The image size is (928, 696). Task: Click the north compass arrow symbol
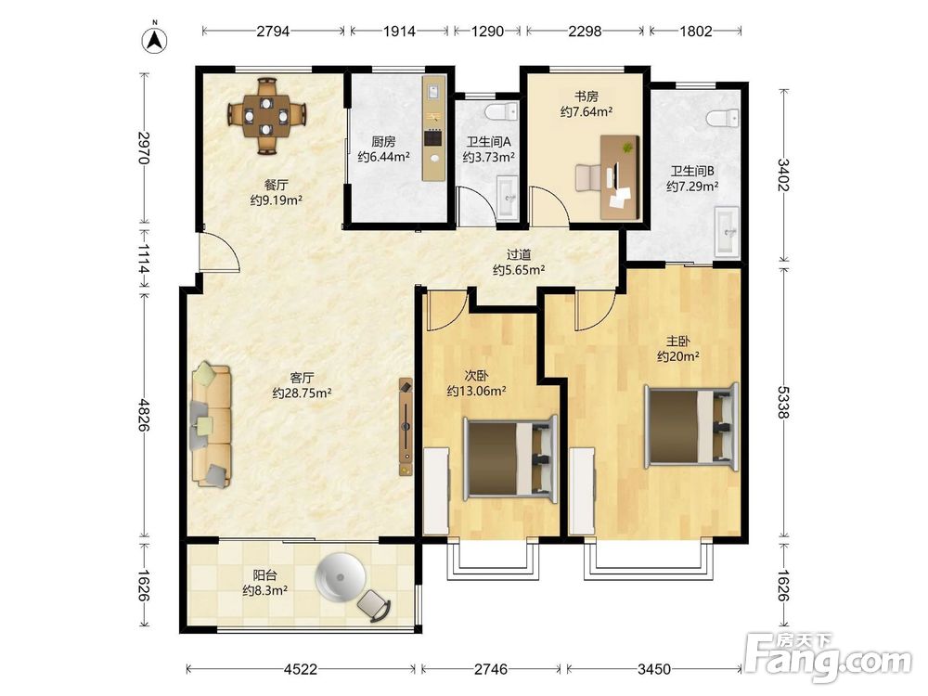(x=154, y=39)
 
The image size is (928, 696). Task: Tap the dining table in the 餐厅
(x=267, y=114)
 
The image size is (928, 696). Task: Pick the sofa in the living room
(x=211, y=426)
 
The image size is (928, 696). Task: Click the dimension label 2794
(x=273, y=31)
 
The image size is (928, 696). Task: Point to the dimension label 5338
(x=783, y=402)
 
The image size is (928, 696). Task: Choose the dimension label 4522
(x=301, y=669)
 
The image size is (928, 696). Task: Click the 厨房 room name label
(x=383, y=141)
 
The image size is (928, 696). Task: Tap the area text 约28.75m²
(x=302, y=393)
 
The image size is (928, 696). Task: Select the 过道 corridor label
(x=519, y=254)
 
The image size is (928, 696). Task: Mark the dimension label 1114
(x=143, y=259)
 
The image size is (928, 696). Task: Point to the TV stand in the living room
(x=406, y=427)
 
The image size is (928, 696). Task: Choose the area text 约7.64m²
(x=586, y=111)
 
